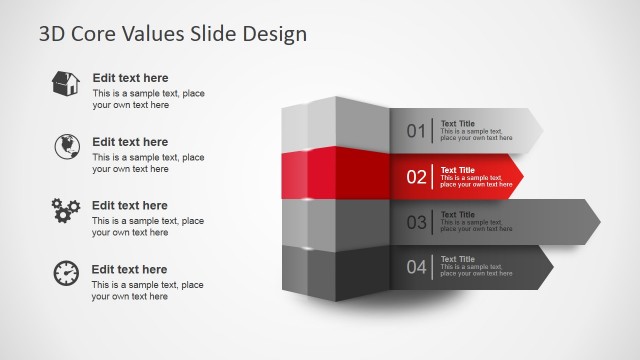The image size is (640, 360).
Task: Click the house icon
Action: (66, 84)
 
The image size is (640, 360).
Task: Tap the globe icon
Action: (66, 147)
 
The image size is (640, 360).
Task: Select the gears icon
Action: (65, 210)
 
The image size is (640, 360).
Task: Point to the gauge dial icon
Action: (66, 273)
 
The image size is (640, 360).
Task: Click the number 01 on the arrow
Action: (416, 131)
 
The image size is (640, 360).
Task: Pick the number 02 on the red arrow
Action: (416, 177)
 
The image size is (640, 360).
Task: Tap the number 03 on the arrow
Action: (416, 222)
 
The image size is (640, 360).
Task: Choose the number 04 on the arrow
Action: (416, 267)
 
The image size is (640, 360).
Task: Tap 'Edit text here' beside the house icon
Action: (130, 78)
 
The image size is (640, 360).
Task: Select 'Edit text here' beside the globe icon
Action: (130, 142)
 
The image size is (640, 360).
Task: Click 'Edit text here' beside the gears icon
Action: (130, 205)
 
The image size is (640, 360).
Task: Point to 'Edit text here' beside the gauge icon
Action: (130, 269)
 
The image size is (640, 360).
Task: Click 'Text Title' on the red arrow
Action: (458, 170)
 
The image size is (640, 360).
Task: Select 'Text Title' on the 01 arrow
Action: (458, 124)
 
